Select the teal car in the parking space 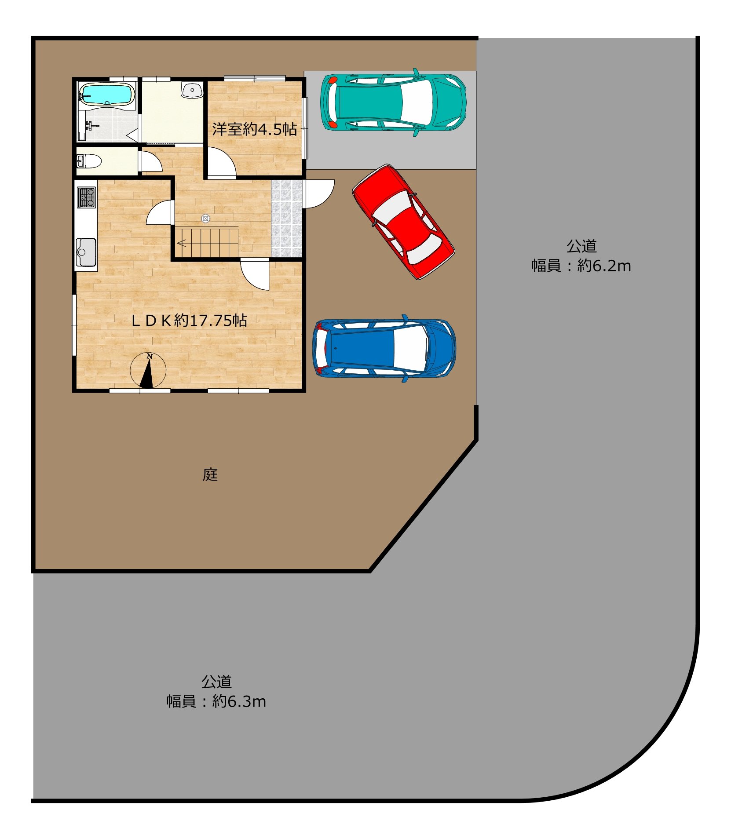pyautogui.click(x=393, y=102)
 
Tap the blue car pyautogui.click(x=384, y=348)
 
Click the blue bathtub pyautogui.click(x=107, y=95)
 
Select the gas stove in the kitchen pyautogui.click(x=86, y=197)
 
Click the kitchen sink pyautogui.click(x=86, y=252)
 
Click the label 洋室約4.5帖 pyautogui.click(x=255, y=129)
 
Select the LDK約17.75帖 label pyautogui.click(x=189, y=321)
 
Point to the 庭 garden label pyautogui.click(x=210, y=474)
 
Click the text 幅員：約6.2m pyautogui.click(x=581, y=266)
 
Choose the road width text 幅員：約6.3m pyautogui.click(x=216, y=701)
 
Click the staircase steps pyautogui.click(x=207, y=241)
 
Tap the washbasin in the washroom pyautogui.click(x=192, y=90)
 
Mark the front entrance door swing pyautogui.click(x=319, y=194)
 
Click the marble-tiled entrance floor pyautogui.click(x=286, y=218)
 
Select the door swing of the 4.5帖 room pyautogui.click(x=221, y=163)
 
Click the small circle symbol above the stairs pyautogui.click(x=205, y=219)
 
